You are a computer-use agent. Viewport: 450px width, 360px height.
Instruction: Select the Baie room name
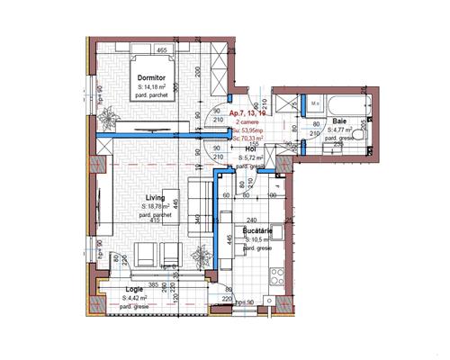coord(339,121)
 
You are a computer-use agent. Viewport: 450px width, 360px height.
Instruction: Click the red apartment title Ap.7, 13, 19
coord(248,113)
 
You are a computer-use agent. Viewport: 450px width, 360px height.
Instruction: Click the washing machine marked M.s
coord(314,103)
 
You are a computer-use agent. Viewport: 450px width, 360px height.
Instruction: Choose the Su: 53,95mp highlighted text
coord(247,130)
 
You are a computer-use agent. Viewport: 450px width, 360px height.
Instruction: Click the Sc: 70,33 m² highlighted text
coord(247,139)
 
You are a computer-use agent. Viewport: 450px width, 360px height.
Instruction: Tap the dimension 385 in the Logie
coord(154,284)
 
